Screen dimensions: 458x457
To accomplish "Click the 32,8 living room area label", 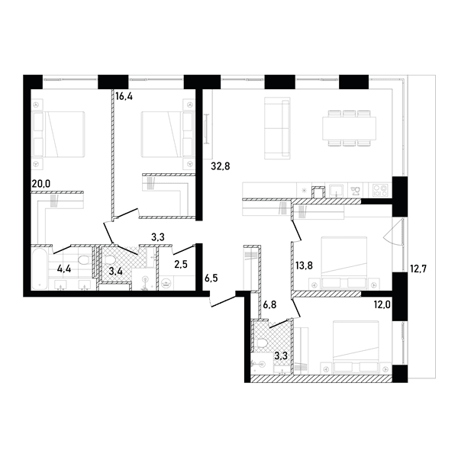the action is pyautogui.click(x=221, y=166).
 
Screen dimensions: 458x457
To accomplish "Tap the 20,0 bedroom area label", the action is pyautogui.click(x=41, y=184).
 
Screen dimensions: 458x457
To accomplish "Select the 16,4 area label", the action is pyautogui.click(x=124, y=96).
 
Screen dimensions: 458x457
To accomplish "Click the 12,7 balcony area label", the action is pyautogui.click(x=418, y=269).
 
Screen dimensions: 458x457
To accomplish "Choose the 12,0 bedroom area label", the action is pyautogui.click(x=382, y=305).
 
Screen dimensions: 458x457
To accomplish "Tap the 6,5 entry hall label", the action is pyautogui.click(x=211, y=278).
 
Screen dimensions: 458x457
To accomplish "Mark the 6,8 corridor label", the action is pyautogui.click(x=269, y=305).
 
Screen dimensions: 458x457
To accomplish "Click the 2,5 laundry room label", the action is pyautogui.click(x=181, y=265).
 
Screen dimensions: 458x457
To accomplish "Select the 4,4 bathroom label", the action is pyautogui.click(x=64, y=269).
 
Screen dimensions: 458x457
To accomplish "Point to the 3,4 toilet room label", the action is pyautogui.click(x=116, y=272).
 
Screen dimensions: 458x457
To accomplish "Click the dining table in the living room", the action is pyautogui.click(x=350, y=128).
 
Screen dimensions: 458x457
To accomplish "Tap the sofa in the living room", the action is pyautogui.click(x=278, y=128).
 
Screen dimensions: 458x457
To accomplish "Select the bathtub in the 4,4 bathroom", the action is pyautogui.click(x=40, y=269).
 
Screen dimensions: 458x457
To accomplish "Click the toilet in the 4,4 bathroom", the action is pyautogui.click(x=85, y=260).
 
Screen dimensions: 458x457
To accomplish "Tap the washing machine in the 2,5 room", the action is pyautogui.click(x=166, y=283).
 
